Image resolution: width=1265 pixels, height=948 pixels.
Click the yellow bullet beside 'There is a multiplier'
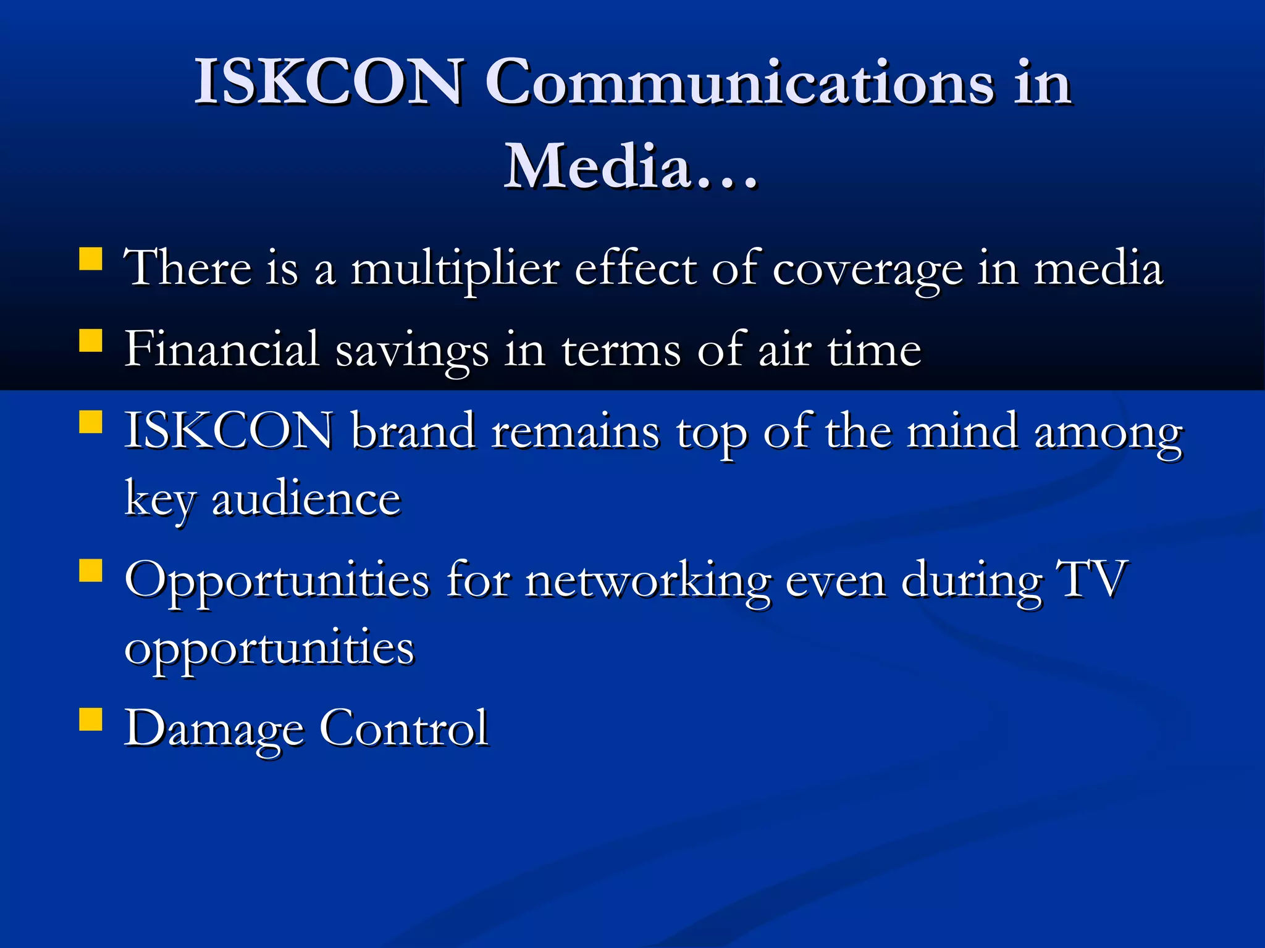(x=91, y=259)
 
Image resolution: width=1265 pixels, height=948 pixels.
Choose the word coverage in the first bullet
(x=867, y=270)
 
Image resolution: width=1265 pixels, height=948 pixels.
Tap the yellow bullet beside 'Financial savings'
(x=91, y=340)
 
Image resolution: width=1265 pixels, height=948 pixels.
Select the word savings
(x=411, y=351)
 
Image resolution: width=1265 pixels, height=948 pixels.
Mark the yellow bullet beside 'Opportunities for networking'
(x=91, y=571)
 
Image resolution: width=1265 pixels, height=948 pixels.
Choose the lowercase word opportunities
(x=269, y=649)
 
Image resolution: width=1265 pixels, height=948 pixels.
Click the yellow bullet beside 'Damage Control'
(x=91, y=719)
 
